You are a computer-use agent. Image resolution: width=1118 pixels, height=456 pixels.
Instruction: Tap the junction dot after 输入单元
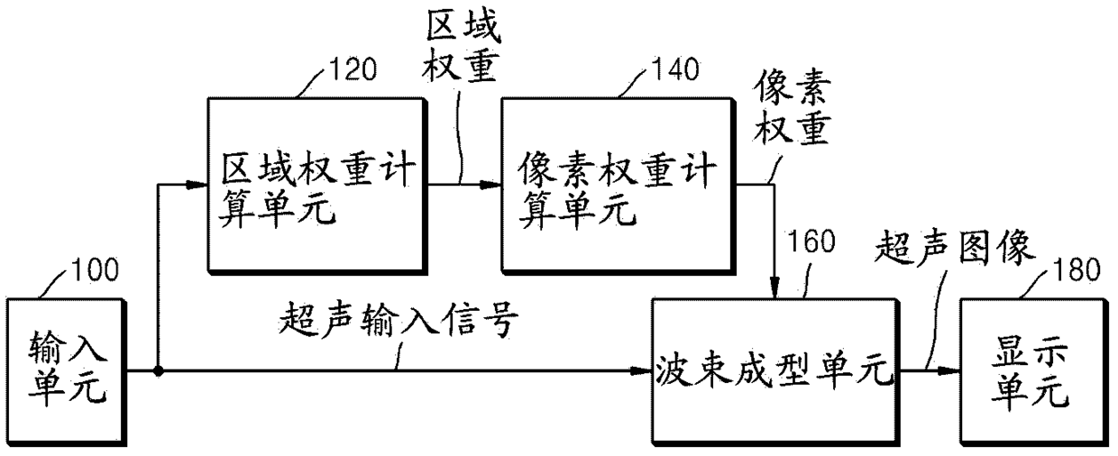coord(159,369)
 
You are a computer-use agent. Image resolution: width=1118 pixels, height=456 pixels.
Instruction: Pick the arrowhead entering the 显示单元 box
coord(952,369)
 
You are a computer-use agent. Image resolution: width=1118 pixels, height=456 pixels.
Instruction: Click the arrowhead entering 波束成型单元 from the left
coord(641,369)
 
